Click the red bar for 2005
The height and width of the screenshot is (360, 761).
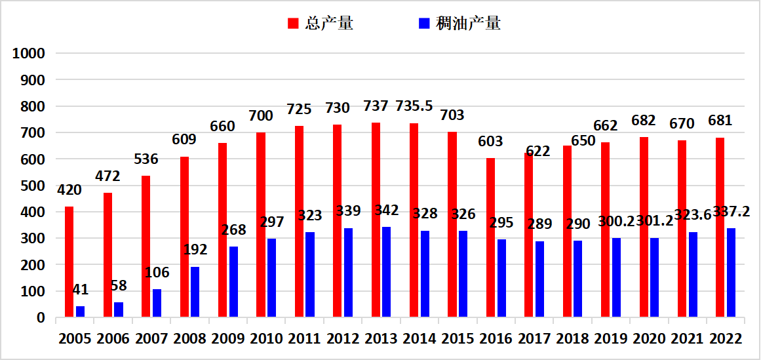tap(69, 262)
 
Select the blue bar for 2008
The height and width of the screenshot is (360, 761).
tap(195, 292)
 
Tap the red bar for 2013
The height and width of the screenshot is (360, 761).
tap(376, 220)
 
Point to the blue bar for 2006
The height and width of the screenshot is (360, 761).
tap(119, 310)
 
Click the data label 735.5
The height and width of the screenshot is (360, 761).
tap(414, 106)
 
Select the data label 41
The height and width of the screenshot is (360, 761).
tap(81, 290)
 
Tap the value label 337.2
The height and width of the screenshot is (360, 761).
tap(732, 212)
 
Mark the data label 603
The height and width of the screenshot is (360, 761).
tap(490, 142)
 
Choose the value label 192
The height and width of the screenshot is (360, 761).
tap(195, 250)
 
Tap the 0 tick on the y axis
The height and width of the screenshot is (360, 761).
tap(41, 318)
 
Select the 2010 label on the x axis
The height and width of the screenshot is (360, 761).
tap(267, 338)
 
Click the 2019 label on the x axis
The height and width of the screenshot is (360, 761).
tap(612, 338)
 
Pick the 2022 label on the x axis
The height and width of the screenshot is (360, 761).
tap(726, 338)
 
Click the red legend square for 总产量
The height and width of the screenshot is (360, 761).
tap(293, 24)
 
